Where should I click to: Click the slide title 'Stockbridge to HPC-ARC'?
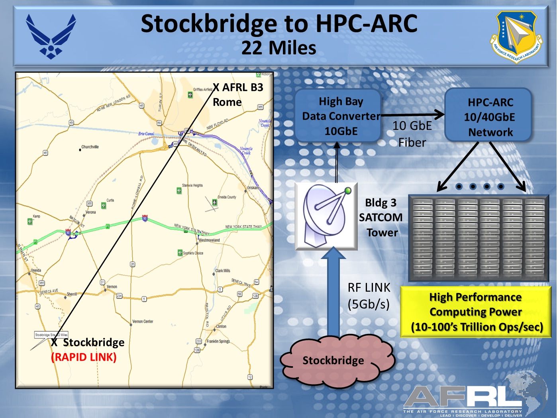[279, 24]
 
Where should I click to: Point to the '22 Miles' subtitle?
[279, 48]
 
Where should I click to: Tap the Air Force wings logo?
[51, 36]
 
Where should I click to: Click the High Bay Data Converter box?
[338, 116]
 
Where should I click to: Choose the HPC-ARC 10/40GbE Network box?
[489, 117]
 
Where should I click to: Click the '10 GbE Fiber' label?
[412, 134]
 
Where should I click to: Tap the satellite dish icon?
[326, 216]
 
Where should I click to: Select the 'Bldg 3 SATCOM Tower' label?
[380, 218]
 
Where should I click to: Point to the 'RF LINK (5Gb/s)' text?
[369, 296]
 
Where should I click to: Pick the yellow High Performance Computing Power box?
[476, 312]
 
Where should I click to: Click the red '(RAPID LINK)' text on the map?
[84, 357]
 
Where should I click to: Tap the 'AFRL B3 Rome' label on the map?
[238, 95]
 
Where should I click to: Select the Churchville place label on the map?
[90, 147]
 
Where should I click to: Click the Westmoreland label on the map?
[209, 240]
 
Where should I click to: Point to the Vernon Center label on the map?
[143, 321]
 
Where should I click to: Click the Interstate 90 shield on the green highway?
[145, 218]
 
